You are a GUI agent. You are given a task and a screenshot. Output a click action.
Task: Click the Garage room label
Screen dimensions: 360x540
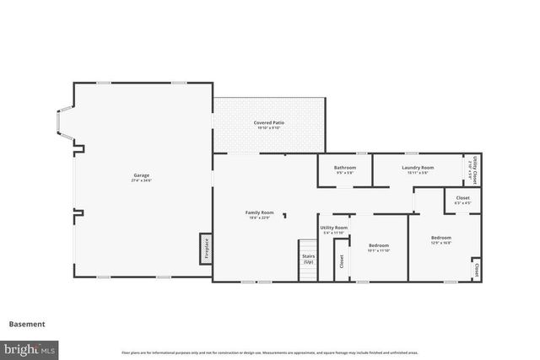140,175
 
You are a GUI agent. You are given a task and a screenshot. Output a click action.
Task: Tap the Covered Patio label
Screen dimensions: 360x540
268,123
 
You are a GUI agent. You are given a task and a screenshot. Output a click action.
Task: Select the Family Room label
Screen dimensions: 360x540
259,212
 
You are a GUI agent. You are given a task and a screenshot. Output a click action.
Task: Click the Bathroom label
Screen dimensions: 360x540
344,168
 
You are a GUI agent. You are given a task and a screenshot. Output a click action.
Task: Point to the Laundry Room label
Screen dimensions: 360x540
417,168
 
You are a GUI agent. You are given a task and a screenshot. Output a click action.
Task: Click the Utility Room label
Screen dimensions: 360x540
333,228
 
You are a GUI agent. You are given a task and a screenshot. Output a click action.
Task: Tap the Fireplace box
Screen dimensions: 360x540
205,249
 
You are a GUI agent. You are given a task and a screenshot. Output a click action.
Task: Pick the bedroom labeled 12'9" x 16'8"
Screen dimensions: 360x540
440,239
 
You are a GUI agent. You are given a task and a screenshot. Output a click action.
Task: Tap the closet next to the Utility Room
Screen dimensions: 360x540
341,262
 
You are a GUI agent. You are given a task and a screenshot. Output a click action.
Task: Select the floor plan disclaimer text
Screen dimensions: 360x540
269,352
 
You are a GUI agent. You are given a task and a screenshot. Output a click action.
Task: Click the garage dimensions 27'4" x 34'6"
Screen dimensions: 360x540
140,180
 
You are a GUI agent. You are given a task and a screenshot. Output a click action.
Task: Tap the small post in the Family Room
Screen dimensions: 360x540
285,216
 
